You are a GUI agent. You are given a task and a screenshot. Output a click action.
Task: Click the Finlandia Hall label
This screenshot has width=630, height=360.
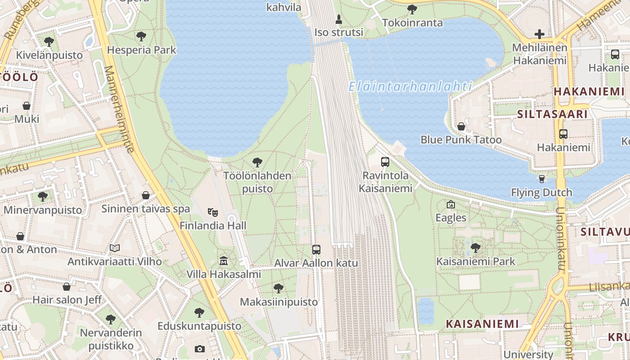pyautogui.click(x=213, y=225)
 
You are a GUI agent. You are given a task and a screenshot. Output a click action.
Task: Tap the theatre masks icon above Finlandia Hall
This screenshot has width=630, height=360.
pyautogui.click(x=213, y=211)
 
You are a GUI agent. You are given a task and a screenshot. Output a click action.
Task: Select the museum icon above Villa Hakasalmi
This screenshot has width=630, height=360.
pyautogui.click(x=224, y=261)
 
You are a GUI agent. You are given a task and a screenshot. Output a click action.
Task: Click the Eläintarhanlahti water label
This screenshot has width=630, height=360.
pyautogui.click(x=410, y=86)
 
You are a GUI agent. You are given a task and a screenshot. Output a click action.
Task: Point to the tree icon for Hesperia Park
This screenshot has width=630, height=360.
pyautogui.click(x=141, y=36)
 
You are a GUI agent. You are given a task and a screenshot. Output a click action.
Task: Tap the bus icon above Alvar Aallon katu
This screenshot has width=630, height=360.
pyautogui.click(x=316, y=249)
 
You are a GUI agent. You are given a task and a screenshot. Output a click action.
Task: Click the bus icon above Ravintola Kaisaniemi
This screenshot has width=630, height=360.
pyautogui.click(x=385, y=162)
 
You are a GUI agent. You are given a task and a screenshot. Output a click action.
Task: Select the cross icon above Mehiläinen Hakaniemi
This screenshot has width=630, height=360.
pyautogui.click(x=539, y=34)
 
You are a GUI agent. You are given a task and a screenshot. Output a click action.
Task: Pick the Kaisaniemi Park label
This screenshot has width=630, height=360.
pyautogui.click(x=476, y=261)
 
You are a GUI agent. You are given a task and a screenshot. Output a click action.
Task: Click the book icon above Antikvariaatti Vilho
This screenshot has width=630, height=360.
pyautogui.click(x=115, y=248)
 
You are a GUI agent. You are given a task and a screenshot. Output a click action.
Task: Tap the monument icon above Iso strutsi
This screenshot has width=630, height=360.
pyautogui.click(x=339, y=19)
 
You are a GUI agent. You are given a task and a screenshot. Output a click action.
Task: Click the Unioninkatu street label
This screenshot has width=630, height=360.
pyautogui.click(x=561, y=238)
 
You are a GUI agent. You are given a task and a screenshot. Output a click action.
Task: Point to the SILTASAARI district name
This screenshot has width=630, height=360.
pyautogui.click(x=552, y=114)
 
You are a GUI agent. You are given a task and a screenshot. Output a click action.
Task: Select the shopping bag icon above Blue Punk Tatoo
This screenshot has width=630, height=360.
pyautogui.click(x=461, y=126)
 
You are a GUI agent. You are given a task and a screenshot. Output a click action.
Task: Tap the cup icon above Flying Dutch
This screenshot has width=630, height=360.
pyautogui.click(x=542, y=179)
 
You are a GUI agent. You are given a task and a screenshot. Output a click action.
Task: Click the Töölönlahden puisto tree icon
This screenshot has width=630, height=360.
pyautogui.click(x=257, y=162)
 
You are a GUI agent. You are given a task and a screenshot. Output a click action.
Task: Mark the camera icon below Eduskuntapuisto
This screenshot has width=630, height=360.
pyautogui.click(x=200, y=349)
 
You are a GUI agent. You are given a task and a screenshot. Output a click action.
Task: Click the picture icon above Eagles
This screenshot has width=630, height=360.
pyautogui.click(x=451, y=204)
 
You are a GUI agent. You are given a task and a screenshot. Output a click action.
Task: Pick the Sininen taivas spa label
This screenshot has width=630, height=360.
pyautogui.click(x=145, y=209)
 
